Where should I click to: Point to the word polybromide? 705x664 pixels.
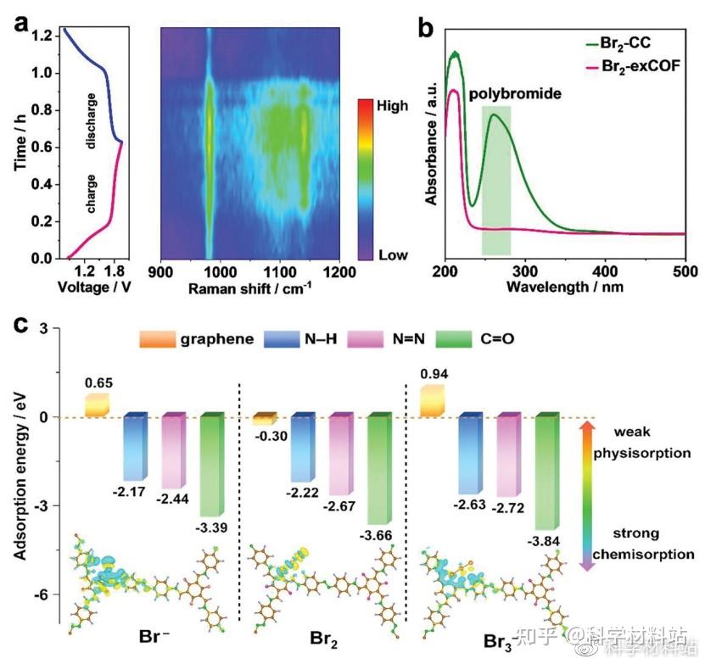[x=515, y=93]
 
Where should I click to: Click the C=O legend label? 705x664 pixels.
[x=495, y=340]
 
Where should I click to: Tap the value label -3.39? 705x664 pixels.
[x=214, y=527]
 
